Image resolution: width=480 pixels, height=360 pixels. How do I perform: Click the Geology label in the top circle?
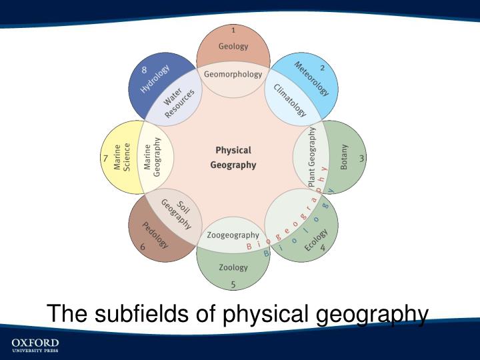233,47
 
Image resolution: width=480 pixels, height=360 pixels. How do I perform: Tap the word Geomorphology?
233,74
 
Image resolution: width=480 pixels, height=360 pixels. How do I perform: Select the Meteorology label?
311,79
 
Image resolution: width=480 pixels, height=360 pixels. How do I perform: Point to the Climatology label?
289,100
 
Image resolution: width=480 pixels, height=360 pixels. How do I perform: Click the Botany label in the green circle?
344,158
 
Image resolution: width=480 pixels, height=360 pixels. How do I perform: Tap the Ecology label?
316,240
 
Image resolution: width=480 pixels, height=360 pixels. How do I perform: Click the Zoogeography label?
233,235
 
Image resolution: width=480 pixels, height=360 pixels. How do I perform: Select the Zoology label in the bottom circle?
233,267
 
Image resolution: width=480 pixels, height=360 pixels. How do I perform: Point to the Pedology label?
155,235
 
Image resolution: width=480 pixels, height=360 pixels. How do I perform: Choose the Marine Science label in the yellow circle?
122,158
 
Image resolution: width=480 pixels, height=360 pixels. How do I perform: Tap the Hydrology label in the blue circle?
155,79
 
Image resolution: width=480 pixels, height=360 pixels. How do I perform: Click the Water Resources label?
179,102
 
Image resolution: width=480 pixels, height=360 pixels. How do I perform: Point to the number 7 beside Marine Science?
105,158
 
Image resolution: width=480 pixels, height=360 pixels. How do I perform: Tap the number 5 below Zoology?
233,285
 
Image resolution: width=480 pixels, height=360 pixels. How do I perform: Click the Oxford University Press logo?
35,345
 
